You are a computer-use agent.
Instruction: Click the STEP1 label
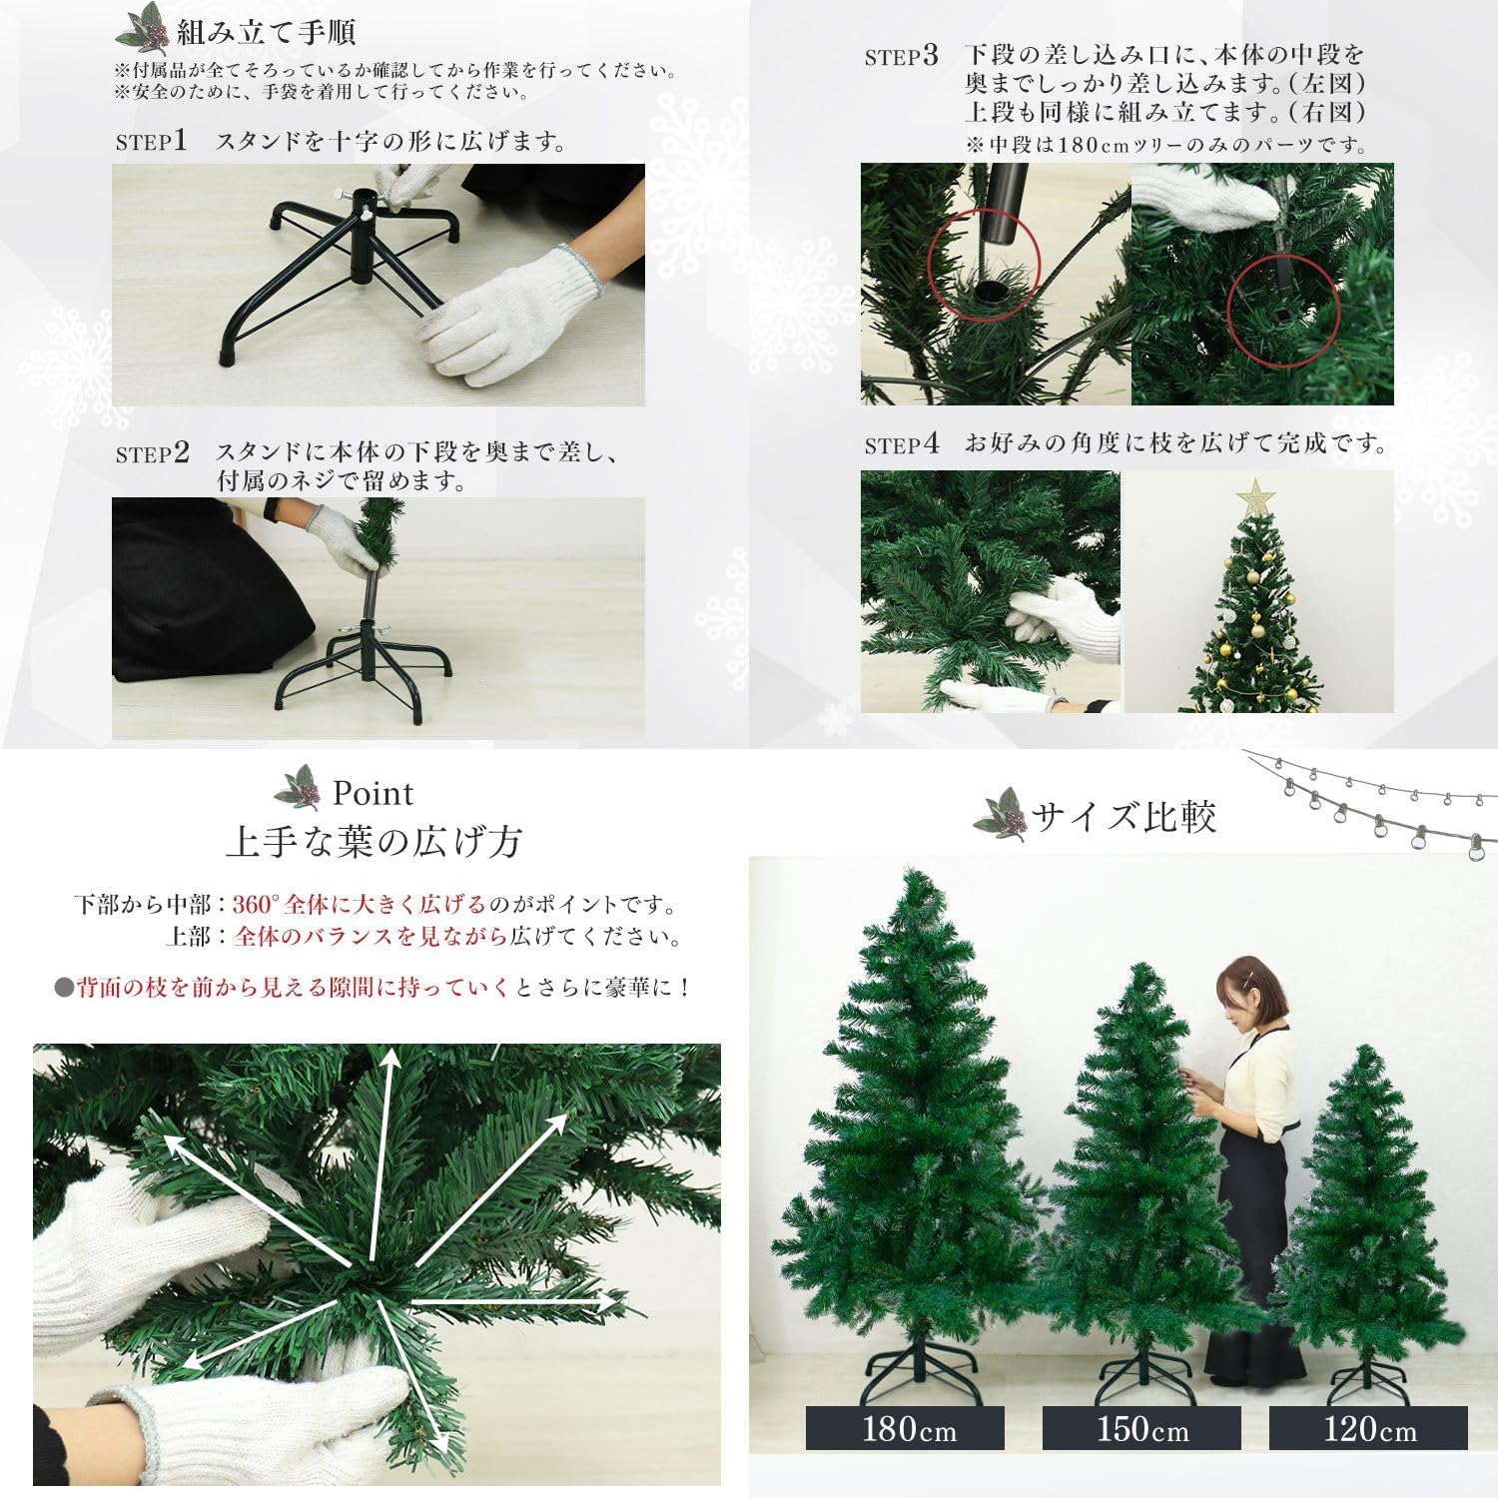click(x=151, y=142)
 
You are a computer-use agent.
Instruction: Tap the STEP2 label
click(x=152, y=453)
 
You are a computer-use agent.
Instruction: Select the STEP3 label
click(x=901, y=56)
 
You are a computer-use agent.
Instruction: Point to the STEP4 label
click(x=901, y=444)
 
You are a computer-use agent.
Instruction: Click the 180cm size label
click(x=905, y=1429)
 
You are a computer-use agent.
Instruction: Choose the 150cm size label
click(x=1141, y=1429)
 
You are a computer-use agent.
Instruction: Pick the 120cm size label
click(x=1368, y=1429)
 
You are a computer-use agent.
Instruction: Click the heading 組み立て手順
click(x=266, y=32)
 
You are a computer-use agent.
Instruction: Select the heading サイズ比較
click(x=1123, y=817)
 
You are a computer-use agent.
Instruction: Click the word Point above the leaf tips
click(x=373, y=793)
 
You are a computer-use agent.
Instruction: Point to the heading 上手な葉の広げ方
click(x=374, y=841)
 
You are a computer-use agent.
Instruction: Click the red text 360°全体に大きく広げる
click(x=359, y=905)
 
